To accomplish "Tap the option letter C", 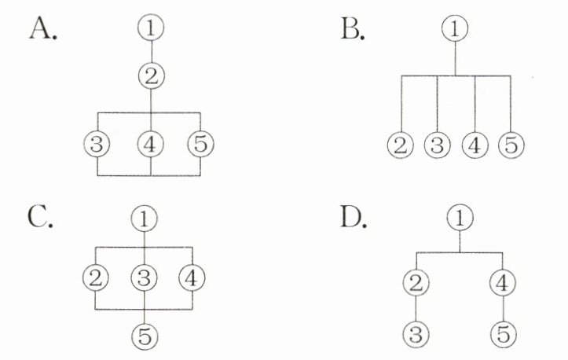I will pos(40,215).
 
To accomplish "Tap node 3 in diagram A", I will pos(97,145).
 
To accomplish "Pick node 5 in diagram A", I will pos(201,145).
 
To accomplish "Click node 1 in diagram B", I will pos(455,29).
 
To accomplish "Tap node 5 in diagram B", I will pos(511,145).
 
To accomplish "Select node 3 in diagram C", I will pos(144,276).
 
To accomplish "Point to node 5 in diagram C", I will pos(144,336).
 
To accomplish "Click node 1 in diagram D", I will pos(460,218).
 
